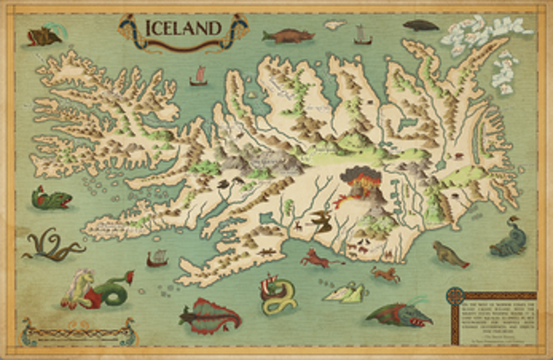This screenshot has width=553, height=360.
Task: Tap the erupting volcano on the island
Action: coord(360,183)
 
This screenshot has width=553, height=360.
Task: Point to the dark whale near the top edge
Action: coord(421,25)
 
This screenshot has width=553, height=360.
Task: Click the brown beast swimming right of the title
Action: coord(287,36)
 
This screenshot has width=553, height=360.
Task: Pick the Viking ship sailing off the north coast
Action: coord(361,35)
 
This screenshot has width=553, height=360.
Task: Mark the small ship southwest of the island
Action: coord(157,260)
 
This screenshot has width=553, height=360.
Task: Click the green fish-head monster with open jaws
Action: coord(50,198)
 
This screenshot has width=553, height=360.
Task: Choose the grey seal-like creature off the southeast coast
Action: coord(449,255)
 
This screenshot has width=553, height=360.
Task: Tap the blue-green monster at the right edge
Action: coord(509,238)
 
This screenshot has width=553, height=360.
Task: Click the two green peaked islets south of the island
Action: coord(345,292)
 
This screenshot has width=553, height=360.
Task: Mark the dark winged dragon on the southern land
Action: coord(318,220)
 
